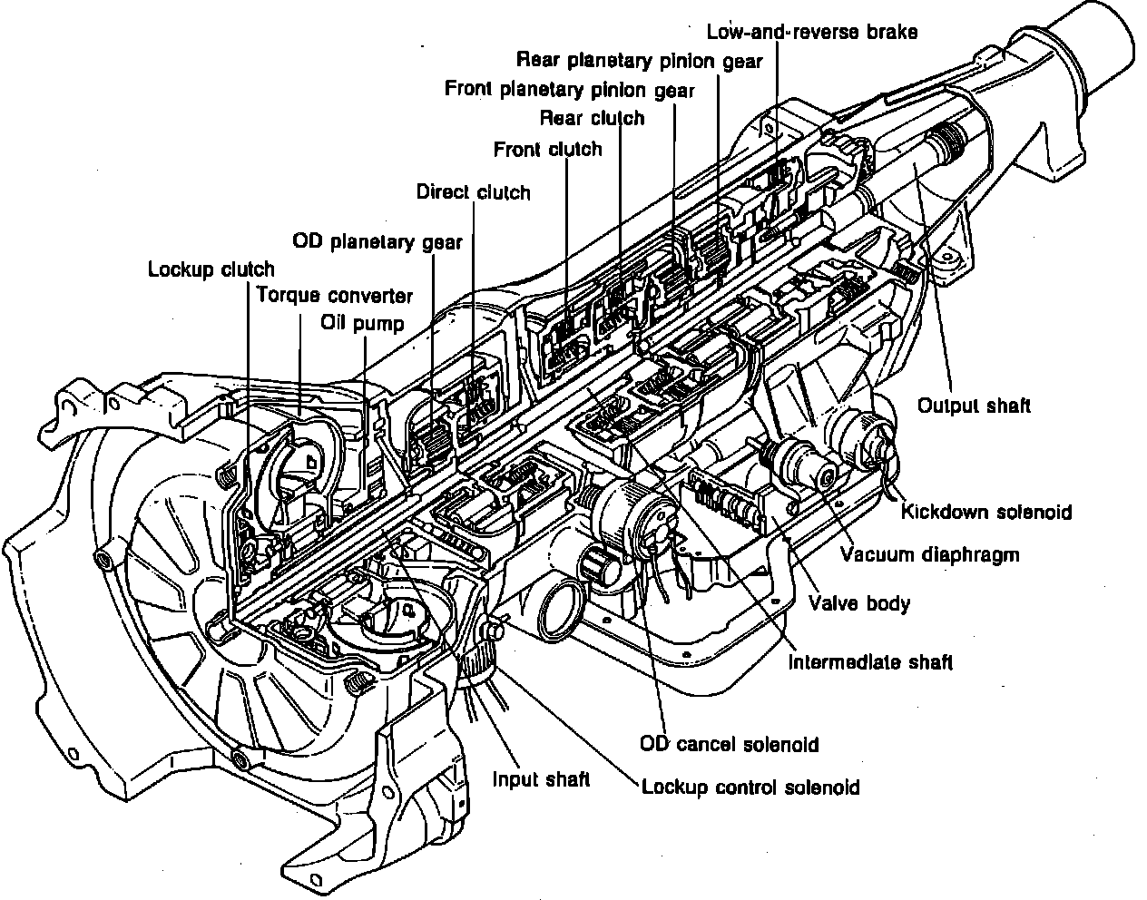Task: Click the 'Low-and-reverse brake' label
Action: click(812, 32)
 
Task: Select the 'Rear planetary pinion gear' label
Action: click(639, 61)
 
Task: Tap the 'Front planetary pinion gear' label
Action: click(570, 90)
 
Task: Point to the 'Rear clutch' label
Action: click(592, 118)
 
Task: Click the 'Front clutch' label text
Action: click(547, 149)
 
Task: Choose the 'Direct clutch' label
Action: click(473, 191)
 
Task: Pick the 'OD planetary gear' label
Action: click(377, 241)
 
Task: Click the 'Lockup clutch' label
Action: click(211, 269)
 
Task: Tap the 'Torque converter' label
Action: click(334, 296)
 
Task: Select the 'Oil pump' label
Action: click(362, 323)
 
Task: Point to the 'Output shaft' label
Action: click(974, 405)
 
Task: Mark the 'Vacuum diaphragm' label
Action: click(929, 554)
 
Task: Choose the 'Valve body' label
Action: click(858, 602)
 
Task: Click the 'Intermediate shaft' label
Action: click(870, 661)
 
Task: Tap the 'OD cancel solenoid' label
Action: click(729, 745)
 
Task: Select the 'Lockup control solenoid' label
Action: click(750, 787)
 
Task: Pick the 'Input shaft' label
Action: click(541, 778)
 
